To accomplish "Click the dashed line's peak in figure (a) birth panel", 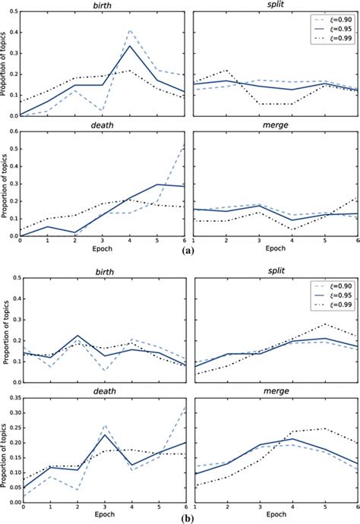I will point(130,30).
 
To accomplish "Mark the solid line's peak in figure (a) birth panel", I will point(130,46).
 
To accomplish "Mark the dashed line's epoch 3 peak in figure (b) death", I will point(103,425).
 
